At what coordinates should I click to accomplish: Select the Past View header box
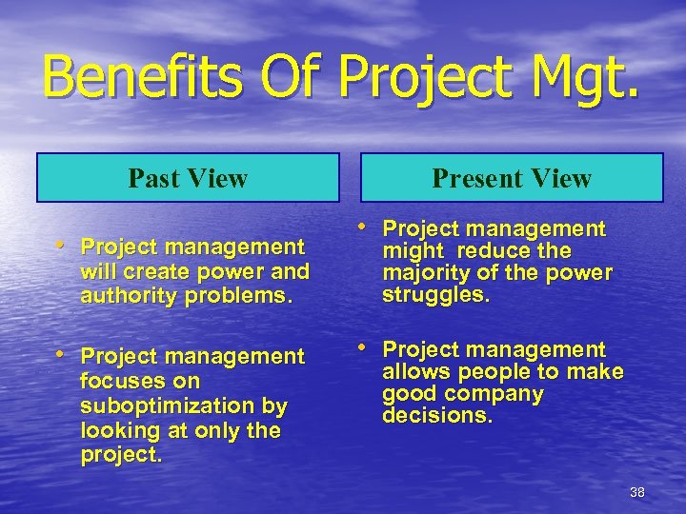pos(188,178)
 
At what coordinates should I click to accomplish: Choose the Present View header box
pos(512,178)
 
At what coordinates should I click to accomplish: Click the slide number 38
pos(637,492)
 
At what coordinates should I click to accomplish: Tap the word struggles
pos(435,294)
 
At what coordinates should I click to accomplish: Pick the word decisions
pos(437,415)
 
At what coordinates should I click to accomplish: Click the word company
pos(494,393)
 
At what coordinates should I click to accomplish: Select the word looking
pos(119,430)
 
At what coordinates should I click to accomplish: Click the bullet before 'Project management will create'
pos(63,246)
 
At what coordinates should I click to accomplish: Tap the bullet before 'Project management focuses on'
pos(63,355)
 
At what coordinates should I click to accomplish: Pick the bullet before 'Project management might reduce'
pos(364,227)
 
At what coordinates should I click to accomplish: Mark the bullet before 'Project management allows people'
pos(364,348)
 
